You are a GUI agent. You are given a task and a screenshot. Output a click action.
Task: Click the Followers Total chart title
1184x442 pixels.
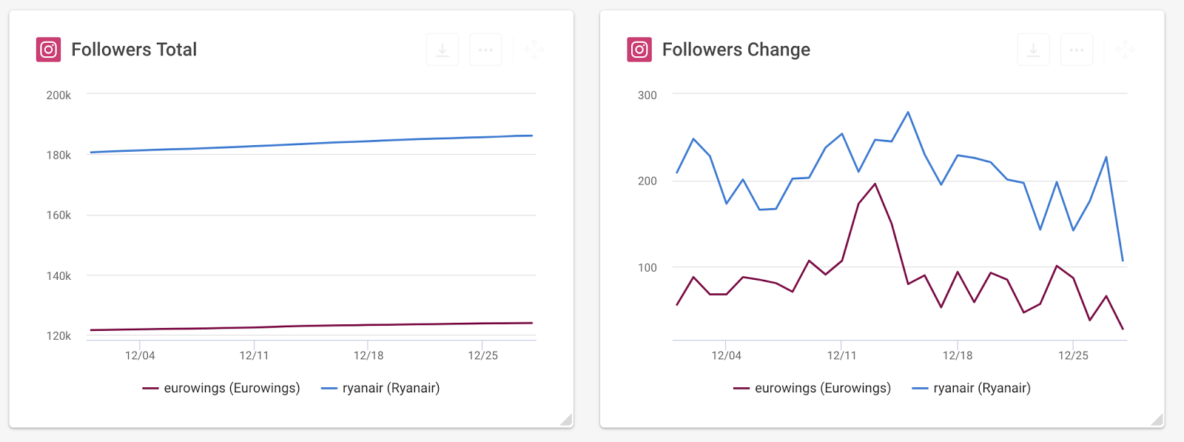click(x=134, y=50)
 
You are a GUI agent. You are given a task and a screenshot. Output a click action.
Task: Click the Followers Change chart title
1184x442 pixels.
click(x=736, y=50)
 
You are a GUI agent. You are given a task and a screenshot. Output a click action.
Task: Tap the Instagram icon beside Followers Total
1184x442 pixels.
click(x=49, y=50)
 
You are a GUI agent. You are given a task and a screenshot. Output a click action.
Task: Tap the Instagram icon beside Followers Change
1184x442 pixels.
click(x=639, y=50)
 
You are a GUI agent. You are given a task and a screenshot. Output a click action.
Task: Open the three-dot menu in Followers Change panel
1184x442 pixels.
click(x=1077, y=50)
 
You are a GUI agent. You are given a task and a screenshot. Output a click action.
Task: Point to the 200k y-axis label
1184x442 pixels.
click(x=58, y=96)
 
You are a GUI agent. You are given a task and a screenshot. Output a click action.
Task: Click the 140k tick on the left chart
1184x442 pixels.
click(x=58, y=276)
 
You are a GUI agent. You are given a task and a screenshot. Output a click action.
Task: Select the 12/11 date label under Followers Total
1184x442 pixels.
click(x=254, y=355)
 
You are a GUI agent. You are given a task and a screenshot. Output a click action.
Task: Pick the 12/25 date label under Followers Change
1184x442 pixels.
click(x=1073, y=355)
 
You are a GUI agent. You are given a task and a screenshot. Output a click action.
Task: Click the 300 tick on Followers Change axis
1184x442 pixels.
click(x=647, y=96)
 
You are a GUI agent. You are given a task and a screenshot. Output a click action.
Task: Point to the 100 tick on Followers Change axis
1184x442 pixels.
click(x=647, y=268)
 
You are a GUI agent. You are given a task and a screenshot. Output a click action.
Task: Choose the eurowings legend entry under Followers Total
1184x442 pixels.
click(x=221, y=388)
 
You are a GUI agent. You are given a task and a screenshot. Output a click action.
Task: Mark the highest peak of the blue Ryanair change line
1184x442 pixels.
click(x=908, y=113)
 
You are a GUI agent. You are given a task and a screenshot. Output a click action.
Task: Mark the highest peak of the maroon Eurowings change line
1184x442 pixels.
click(x=875, y=184)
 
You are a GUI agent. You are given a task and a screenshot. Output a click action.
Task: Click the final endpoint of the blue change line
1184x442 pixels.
click(x=1123, y=261)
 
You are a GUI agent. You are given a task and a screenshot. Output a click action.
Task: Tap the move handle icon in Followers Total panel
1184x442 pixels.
click(x=534, y=50)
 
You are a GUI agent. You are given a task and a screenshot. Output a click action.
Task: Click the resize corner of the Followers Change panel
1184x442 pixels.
click(x=1157, y=420)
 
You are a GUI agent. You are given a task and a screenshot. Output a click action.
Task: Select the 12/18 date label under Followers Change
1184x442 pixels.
click(x=958, y=355)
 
